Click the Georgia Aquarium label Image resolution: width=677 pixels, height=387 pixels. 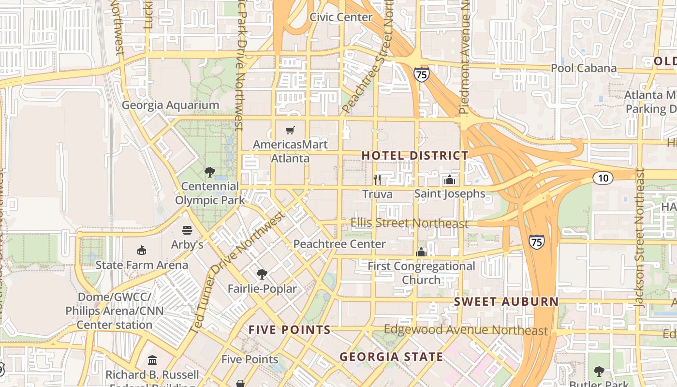click(x=170, y=105)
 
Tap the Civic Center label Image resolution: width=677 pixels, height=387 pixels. click(x=341, y=17)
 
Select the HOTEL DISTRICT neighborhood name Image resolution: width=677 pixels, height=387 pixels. click(x=415, y=155)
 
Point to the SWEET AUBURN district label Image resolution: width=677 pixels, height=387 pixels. click(x=506, y=301)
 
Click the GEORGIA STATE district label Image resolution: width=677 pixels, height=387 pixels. click(x=391, y=357)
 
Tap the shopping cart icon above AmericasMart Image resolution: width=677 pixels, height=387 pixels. click(x=290, y=130)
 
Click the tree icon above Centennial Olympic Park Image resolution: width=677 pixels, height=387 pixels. click(x=210, y=172)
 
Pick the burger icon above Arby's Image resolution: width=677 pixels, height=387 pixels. click(x=187, y=230)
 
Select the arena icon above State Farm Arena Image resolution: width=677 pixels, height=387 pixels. click(x=142, y=250)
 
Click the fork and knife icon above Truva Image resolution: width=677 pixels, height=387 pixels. click(x=377, y=180)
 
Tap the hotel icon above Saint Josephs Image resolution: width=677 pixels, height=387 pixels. click(x=450, y=180)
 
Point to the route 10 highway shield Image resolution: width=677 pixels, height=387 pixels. click(x=603, y=178)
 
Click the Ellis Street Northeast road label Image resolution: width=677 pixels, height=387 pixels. click(x=409, y=223)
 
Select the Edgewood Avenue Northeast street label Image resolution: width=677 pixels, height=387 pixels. click(x=466, y=330)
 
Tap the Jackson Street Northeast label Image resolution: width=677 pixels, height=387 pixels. click(x=640, y=237)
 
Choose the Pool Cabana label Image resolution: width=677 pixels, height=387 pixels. click(x=584, y=68)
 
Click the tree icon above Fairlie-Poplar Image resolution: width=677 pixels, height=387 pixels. click(x=262, y=274)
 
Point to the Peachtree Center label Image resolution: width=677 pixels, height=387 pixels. click(x=339, y=244)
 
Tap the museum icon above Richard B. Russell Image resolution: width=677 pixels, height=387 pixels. click(x=152, y=360)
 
